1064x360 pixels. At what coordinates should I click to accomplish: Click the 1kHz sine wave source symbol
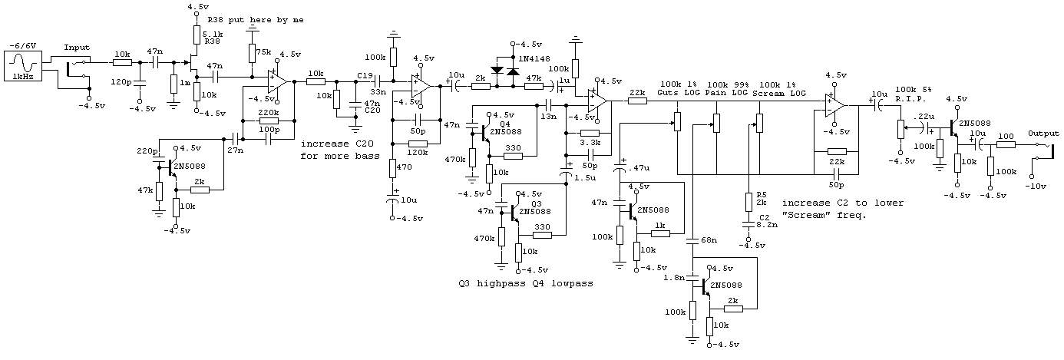(24, 64)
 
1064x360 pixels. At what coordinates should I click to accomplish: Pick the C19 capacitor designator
(365, 75)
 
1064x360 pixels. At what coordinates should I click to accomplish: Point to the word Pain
(715, 92)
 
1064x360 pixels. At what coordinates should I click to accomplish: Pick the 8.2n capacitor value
(766, 226)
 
